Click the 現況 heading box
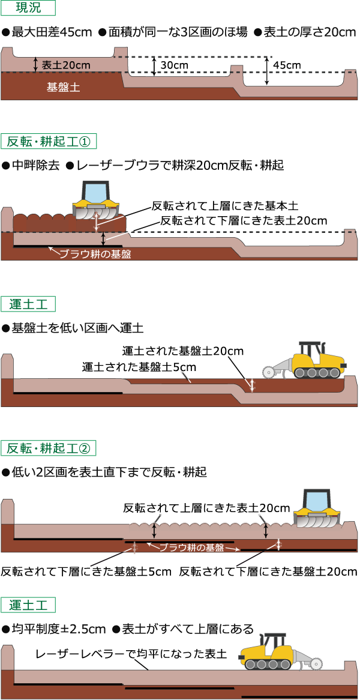(x=28, y=8)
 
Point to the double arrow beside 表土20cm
(x=36, y=64)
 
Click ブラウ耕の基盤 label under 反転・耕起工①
(x=95, y=254)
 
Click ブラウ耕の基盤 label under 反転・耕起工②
(x=191, y=548)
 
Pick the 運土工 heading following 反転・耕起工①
(x=28, y=304)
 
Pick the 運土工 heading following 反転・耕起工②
(x=28, y=605)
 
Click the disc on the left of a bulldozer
(x=269, y=372)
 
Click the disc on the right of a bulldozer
(x=316, y=663)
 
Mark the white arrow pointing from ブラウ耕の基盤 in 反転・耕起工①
(x=53, y=250)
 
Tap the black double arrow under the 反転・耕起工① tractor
(x=103, y=238)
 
